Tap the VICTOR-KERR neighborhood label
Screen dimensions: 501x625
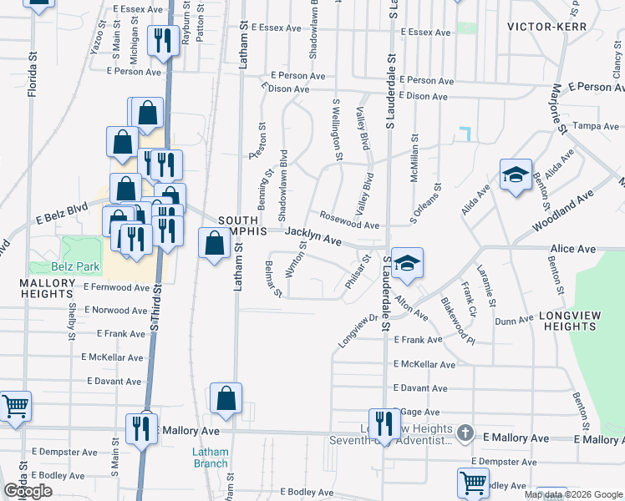[546, 27]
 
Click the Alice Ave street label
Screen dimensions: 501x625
[572, 249]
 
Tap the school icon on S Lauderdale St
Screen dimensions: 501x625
[407, 264]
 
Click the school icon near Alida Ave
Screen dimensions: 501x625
[516, 175]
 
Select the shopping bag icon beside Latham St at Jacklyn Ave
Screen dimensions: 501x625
[215, 244]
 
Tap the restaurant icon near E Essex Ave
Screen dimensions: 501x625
[161, 40]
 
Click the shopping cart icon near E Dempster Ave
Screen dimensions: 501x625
[473, 483]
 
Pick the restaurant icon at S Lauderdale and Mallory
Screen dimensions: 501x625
[384, 423]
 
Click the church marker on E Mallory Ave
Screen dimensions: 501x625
[466, 433]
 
